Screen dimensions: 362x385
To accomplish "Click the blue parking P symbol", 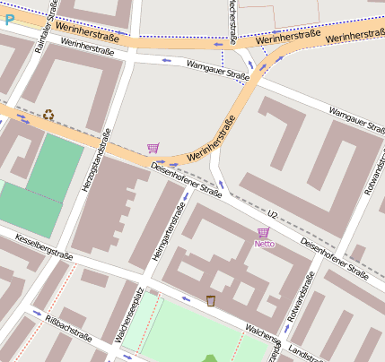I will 9,17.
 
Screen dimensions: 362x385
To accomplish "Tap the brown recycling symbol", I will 48,114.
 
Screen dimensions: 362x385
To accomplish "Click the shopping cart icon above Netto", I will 263,233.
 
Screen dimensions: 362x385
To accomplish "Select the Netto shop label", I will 264,244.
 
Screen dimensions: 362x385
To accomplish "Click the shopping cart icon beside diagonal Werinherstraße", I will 153,148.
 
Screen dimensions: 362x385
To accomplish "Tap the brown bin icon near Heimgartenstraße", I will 211,300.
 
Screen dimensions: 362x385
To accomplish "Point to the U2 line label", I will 274,214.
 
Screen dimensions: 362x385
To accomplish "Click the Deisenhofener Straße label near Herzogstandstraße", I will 186,180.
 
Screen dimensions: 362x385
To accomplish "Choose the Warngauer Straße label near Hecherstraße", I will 217,70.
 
